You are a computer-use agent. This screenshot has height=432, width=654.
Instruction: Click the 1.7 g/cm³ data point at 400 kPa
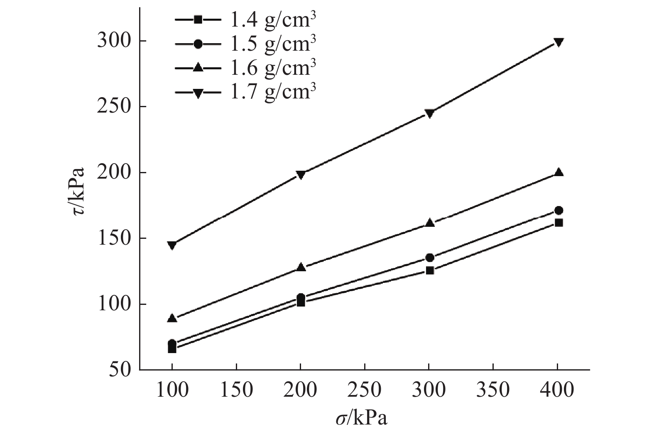click(x=558, y=42)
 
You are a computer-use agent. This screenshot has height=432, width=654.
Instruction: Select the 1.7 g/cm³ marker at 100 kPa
click(x=172, y=245)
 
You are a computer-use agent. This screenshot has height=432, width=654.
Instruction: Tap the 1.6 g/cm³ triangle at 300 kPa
click(x=430, y=223)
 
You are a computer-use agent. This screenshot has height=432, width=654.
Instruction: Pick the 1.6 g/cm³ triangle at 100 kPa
click(x=172, y=319)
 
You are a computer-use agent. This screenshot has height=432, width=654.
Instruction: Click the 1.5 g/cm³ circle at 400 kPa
click(x=558, y=210)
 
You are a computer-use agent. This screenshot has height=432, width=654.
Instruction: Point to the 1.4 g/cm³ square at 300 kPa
click(x=430, y=271)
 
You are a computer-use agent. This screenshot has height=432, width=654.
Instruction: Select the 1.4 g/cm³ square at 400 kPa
click(x=558, y=223)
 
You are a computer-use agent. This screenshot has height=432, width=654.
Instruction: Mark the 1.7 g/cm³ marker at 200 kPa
click(x=301, y=174)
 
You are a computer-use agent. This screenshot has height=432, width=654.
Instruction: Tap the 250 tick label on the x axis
click(x=365, y=390)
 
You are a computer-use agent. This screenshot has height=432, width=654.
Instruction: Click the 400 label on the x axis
click(x=558, y=390)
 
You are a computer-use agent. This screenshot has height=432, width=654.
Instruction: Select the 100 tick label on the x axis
click(x=172, y=390)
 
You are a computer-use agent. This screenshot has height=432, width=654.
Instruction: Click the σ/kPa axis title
click(x=361, y=418)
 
